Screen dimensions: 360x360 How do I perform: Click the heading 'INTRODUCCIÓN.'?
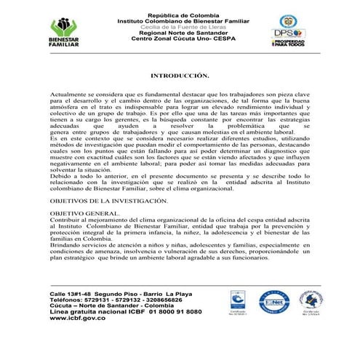pos(180,75)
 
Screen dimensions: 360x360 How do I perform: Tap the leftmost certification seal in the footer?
pos(238,302)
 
